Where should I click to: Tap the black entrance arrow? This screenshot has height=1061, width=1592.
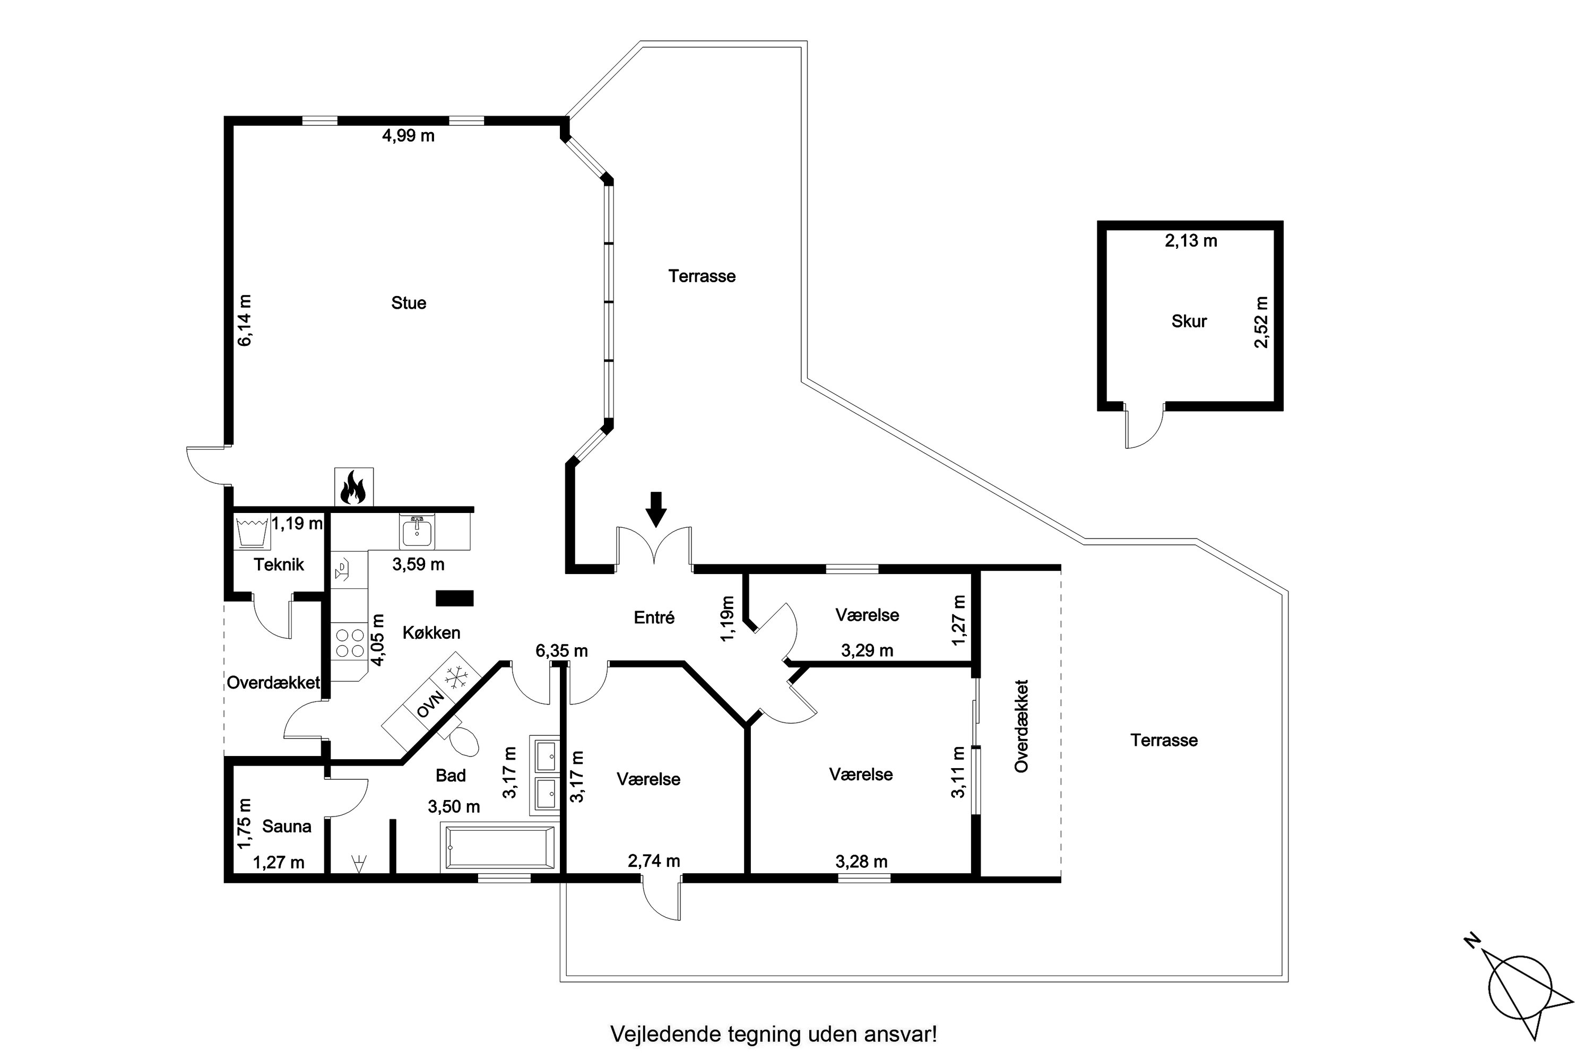tap(655, 509)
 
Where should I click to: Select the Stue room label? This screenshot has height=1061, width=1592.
tap(408, 302)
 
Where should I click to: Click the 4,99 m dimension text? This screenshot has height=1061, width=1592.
tap(408, 136)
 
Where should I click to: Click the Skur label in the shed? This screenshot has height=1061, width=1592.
tap(1189, 321)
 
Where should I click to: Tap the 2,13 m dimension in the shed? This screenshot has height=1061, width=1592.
tap(1191, 241)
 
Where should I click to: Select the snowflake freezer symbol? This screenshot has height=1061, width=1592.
tap(455, 677)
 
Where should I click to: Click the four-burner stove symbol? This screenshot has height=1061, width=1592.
tap(349, 643)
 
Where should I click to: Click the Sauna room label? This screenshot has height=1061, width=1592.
tap(287, 826)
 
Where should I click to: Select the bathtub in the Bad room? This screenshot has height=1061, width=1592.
tap(499, 848)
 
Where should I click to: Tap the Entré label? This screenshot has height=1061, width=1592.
tap(654, 617)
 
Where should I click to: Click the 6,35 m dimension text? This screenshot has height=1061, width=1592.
tap(561, 651)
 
